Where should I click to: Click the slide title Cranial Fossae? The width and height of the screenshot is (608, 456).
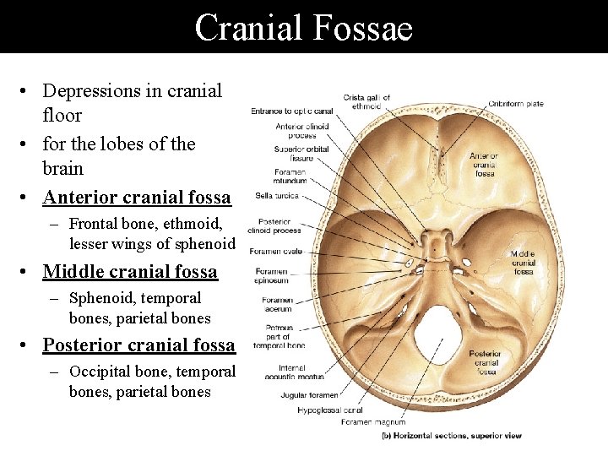303,27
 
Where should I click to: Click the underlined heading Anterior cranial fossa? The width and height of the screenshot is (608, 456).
137,198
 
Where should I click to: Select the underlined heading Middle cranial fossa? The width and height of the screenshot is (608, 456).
130,272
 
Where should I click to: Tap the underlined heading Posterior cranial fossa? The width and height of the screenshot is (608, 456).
138,345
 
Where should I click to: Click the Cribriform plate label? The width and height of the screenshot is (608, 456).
515,104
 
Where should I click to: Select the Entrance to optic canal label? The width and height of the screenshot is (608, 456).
291,111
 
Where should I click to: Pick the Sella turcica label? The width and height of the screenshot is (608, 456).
277,197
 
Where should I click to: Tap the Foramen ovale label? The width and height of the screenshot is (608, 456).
277,251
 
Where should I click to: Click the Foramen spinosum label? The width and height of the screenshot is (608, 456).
271,276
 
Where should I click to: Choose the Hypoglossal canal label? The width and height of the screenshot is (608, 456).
331,410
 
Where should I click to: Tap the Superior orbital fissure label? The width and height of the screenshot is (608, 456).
295,154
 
